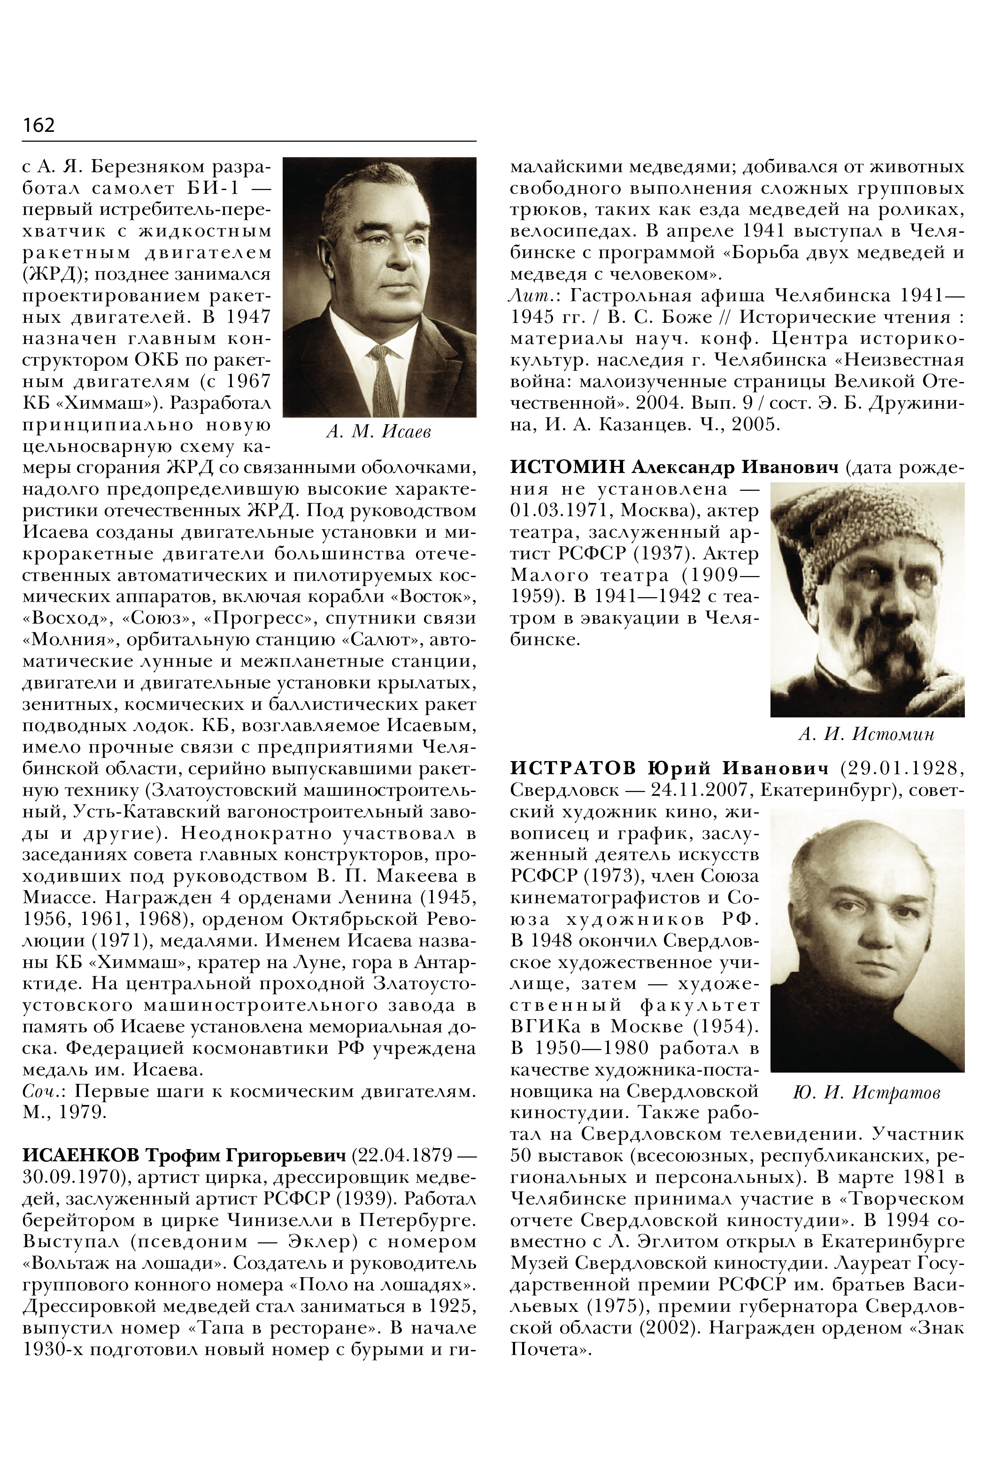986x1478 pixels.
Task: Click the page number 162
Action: pos(39,125)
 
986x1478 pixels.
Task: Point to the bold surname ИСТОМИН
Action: pos(567,467)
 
